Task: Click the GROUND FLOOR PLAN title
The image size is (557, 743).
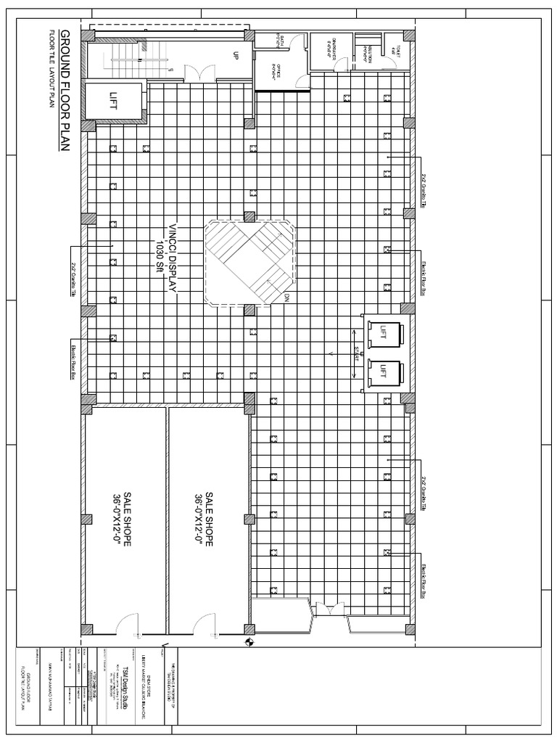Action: coord(65,91)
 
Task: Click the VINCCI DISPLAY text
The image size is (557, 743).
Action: coord(173,258)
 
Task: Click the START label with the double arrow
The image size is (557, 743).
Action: coord(356,354)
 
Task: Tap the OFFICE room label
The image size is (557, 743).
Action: coord(276,73)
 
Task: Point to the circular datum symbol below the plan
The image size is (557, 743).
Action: coord(250,641)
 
